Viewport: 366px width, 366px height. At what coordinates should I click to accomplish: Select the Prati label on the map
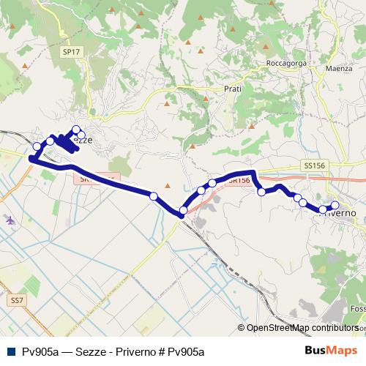(232, 89)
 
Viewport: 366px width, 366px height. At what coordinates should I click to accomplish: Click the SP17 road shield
(70, 53)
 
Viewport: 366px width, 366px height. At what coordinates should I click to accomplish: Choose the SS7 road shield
(17, 300)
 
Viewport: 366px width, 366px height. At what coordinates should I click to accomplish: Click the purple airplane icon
(9, 220)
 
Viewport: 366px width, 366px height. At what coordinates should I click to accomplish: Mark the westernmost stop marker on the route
(33, 159)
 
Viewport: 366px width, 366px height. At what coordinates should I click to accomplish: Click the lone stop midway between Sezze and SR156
(154, 195)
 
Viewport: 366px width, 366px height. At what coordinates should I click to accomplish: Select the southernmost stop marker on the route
(183, 212)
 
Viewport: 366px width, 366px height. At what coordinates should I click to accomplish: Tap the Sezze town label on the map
(83, 141)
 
